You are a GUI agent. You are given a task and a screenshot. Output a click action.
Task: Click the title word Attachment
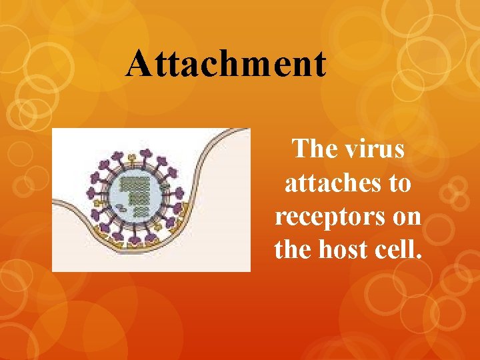click(x=226, y=64)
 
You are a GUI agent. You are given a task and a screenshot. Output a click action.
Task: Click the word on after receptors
click(x=404, y=216)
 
